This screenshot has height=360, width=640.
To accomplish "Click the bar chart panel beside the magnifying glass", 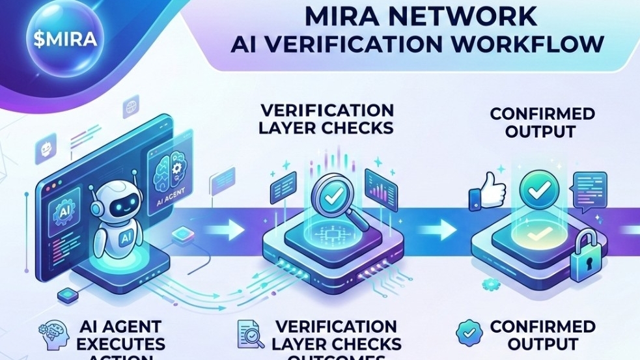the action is (382, 185).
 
